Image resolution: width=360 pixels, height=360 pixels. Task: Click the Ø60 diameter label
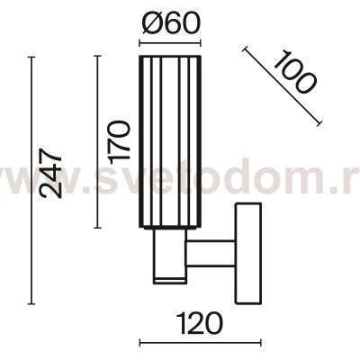pyautogui.click(x=169, y=23)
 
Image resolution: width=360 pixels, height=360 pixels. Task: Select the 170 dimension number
pyautogui.click(x=120, y=142)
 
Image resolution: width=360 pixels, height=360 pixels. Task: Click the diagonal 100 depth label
pyautogui.click(x=293, y=71)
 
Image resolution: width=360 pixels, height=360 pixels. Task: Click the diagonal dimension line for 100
pyautogui.click(x=282, y=85)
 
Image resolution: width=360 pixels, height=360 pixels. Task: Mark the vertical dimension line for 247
pyautogui.click(x=31, y=180)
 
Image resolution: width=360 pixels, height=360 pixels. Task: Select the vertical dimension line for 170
pyautogui.click(x=97, y=142)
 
